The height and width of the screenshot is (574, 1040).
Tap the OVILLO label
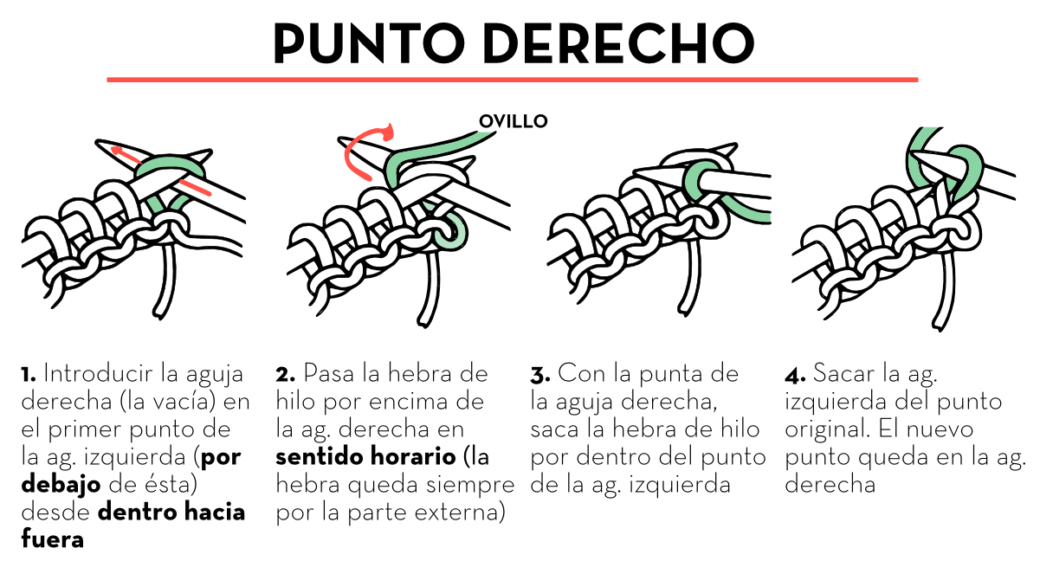tap(514, 121)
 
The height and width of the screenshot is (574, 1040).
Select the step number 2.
tap(285, 375)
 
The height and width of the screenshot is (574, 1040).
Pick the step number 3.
tap(540, 375)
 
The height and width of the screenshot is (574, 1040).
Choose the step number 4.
tap(795, 375)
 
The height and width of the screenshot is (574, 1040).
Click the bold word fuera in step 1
tap(52, 540)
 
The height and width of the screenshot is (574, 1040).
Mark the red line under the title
tap(512, 80)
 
